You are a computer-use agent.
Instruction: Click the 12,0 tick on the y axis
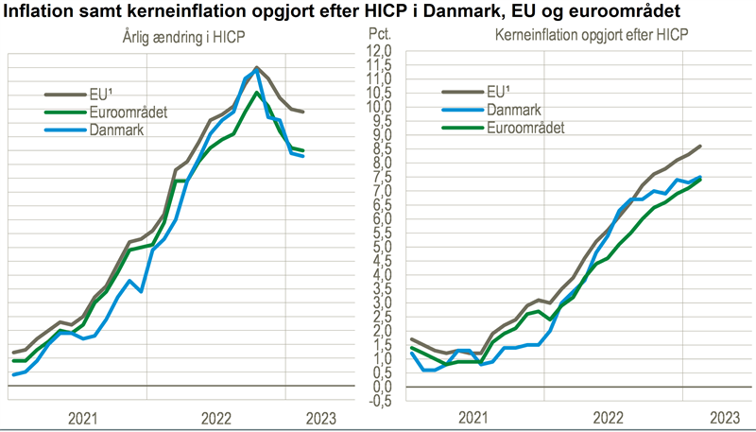[378, 50]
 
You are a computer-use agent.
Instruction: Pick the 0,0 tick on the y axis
[380, 387]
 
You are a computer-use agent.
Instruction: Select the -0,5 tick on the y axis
[378, 401]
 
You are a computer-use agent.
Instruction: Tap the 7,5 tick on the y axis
[380, 177]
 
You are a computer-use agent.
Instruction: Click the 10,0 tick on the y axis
[378, 106]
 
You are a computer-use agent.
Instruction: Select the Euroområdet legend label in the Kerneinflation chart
[526, 128]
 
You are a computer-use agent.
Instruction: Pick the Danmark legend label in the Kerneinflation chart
[514, 110]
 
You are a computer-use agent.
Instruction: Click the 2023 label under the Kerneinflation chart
[724, 418]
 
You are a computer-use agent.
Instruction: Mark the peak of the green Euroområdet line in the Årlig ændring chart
[258, 93]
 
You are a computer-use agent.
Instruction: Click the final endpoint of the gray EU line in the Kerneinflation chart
[700, 146]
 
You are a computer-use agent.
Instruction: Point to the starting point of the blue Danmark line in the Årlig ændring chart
[13, 375]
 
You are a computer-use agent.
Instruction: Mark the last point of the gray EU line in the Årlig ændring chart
[302, 112]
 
